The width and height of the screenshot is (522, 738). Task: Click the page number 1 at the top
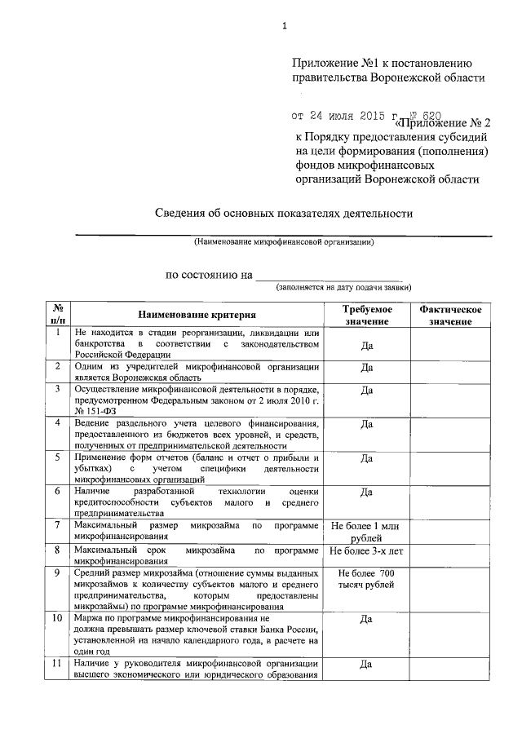pos(285,25)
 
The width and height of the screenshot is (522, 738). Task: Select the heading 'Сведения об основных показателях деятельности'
pos(285,214)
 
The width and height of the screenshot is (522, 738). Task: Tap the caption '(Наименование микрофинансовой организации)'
pos(284,242)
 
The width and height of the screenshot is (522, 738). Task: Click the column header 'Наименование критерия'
pos(196,315)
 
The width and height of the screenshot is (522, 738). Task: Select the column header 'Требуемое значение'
pos(366,316)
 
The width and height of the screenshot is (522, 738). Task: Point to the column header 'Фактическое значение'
pos(450,316)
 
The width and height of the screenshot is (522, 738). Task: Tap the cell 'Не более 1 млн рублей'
pos(366,533)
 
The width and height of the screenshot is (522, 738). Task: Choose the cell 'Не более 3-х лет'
pos(366,551)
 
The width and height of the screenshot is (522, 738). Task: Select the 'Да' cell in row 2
pos(366,367)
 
